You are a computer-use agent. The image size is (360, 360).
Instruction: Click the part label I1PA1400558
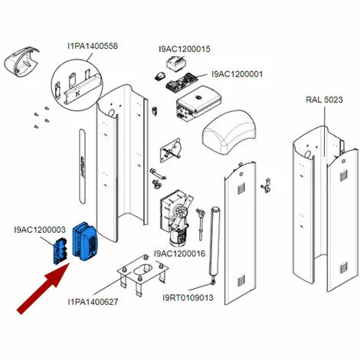click(93, 46)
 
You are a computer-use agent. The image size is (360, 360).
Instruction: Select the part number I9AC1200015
click(185, 49)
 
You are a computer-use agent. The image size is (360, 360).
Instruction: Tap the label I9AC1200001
click(237, 74)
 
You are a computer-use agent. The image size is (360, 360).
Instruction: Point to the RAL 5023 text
click(324, 100)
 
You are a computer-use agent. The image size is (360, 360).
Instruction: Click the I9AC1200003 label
click(40, 230)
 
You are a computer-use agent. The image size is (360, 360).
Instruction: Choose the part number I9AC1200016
click(179, 254)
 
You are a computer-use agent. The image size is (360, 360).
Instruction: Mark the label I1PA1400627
click(93, 302)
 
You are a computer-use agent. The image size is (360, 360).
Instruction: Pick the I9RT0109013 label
click(188, 297)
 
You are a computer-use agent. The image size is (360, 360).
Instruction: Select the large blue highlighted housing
click(85, 241)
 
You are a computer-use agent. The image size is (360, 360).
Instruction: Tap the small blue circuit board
click(60, 251)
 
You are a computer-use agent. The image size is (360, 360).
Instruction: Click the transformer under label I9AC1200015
click(177, 63)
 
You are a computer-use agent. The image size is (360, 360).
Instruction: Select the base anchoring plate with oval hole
click(142, 274)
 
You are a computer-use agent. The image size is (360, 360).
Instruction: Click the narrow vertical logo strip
click(82, 166)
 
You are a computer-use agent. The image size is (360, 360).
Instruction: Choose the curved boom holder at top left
click(22, 61)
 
